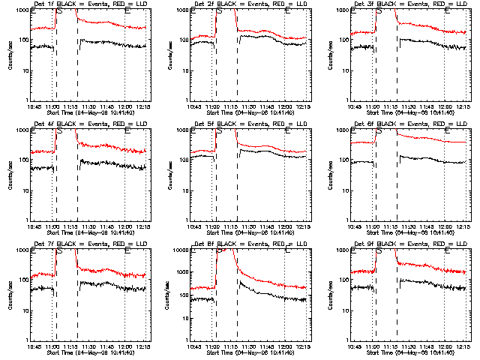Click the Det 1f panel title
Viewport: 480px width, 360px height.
pos(89,4)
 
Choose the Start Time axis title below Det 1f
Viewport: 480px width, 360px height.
pos(89,112)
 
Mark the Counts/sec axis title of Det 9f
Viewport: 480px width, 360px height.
pos(330,295)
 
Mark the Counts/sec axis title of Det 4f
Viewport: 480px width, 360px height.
pos(10,175)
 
